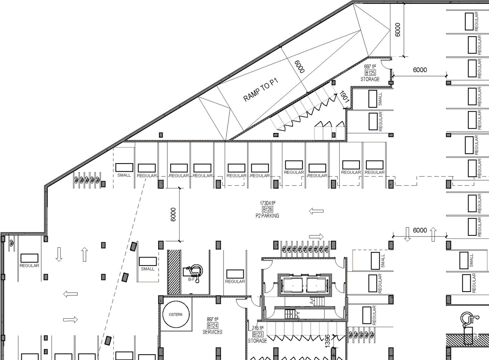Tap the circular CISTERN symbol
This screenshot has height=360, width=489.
click(176, 315)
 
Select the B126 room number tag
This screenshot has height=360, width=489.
click(267, 209)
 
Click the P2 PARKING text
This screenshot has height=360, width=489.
click(267, 216)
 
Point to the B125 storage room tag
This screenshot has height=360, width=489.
click(370, 73)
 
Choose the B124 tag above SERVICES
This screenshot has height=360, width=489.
click(212, 326)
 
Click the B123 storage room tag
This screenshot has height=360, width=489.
click(258, 334)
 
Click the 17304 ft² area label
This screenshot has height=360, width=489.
click(268, 203)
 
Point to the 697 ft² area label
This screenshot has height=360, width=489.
click(371, 66)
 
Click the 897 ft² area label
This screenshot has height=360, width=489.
click(212, 319)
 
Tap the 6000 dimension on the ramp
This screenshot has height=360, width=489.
click(300, 66)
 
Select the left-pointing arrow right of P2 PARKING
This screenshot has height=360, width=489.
click(316, 211)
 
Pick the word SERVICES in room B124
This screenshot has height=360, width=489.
click(212, 332)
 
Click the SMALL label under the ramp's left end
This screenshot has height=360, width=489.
click(124, 175)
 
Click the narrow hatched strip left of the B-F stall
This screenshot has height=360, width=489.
click(174, 272)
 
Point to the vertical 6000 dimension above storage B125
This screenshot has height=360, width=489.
click(398, 29)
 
